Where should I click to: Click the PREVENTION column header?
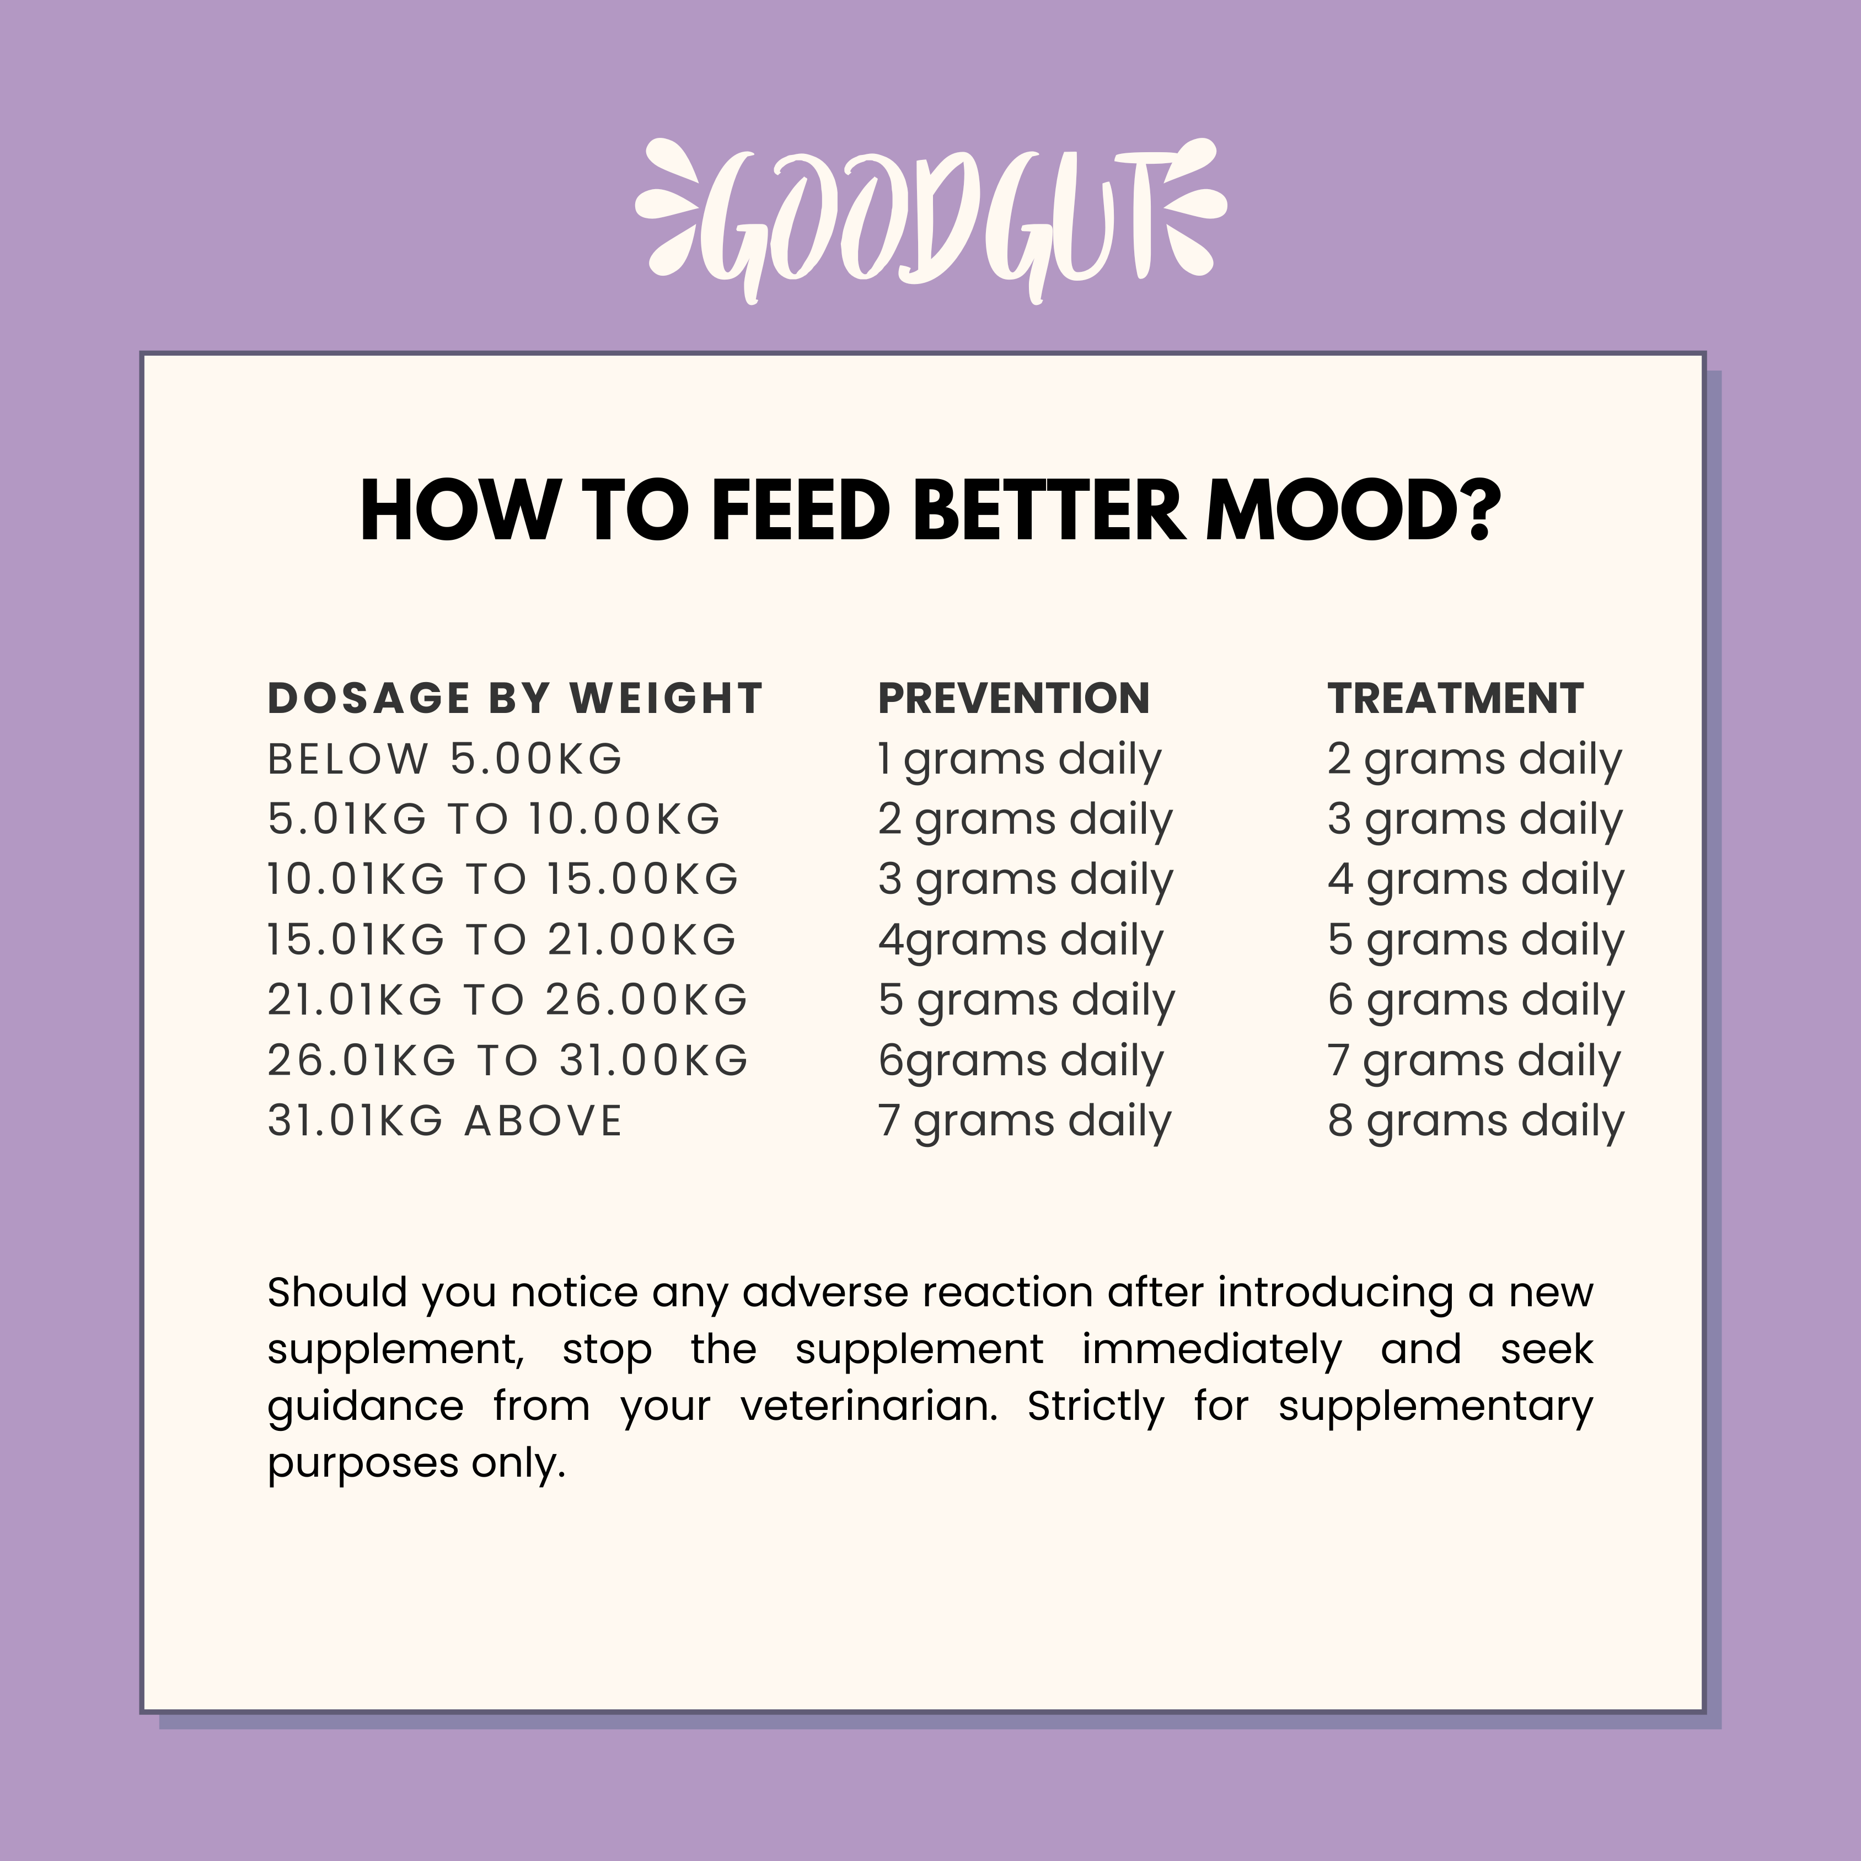pos(1013,698)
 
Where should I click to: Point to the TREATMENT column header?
pos(1456,698)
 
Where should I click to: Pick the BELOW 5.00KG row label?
pos(445,759)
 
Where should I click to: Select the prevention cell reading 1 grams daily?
pos(1019,761)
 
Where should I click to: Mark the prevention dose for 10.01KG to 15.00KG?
pos(1026,881)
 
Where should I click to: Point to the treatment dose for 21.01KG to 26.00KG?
pos(1476,1002)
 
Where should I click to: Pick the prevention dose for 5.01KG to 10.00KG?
pos(1025,820)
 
